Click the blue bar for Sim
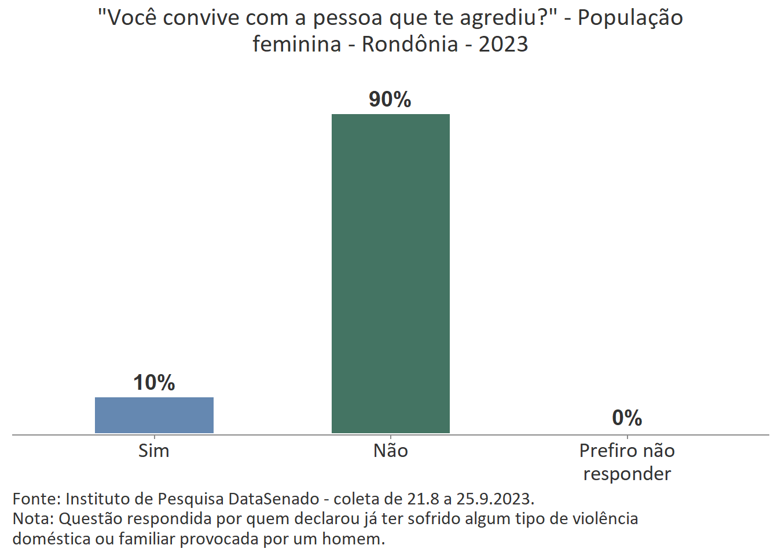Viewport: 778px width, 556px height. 154,415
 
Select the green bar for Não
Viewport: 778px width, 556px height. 390,273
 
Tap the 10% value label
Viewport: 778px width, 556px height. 154,382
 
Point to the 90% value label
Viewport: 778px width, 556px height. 390,100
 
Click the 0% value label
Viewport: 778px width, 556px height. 627,418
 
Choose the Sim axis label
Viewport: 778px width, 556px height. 154,451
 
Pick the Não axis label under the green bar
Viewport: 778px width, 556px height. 390,451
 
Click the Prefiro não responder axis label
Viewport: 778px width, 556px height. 627,462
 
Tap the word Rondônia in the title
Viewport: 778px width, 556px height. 410,44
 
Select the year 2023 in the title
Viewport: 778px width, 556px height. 503,44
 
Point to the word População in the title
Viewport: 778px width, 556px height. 630,19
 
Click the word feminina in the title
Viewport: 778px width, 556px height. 296,44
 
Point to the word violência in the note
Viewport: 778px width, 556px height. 605,518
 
